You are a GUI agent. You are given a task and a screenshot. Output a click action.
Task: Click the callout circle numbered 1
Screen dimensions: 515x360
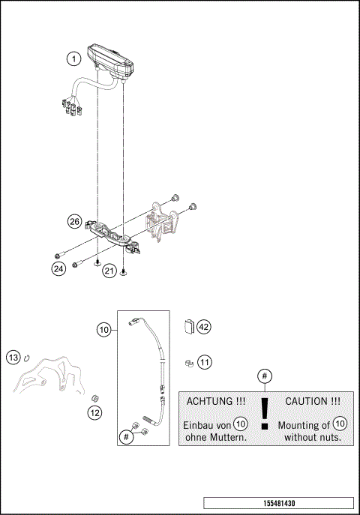[72, 58]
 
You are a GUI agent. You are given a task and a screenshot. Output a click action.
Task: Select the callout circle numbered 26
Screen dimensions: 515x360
[74, 222]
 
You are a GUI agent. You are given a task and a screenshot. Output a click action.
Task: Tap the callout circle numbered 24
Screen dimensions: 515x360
[58, 268]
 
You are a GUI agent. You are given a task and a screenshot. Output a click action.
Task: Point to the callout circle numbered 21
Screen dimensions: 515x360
[109, 271]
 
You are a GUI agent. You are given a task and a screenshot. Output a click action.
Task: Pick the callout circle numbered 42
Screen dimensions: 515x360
[203, 327]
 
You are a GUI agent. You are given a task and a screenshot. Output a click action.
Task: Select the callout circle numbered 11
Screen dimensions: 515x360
[203, 363]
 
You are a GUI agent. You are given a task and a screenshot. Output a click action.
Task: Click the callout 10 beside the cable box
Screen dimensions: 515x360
[103, 328]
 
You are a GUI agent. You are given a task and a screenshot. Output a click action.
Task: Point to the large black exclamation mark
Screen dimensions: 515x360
[264, 414]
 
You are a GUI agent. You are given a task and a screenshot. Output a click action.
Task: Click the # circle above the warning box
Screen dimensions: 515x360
[264, 376]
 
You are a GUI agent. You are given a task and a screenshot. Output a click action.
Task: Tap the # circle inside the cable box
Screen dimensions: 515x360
[127, 435]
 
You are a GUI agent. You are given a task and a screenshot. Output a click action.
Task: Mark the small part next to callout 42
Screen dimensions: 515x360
[189, 326]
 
